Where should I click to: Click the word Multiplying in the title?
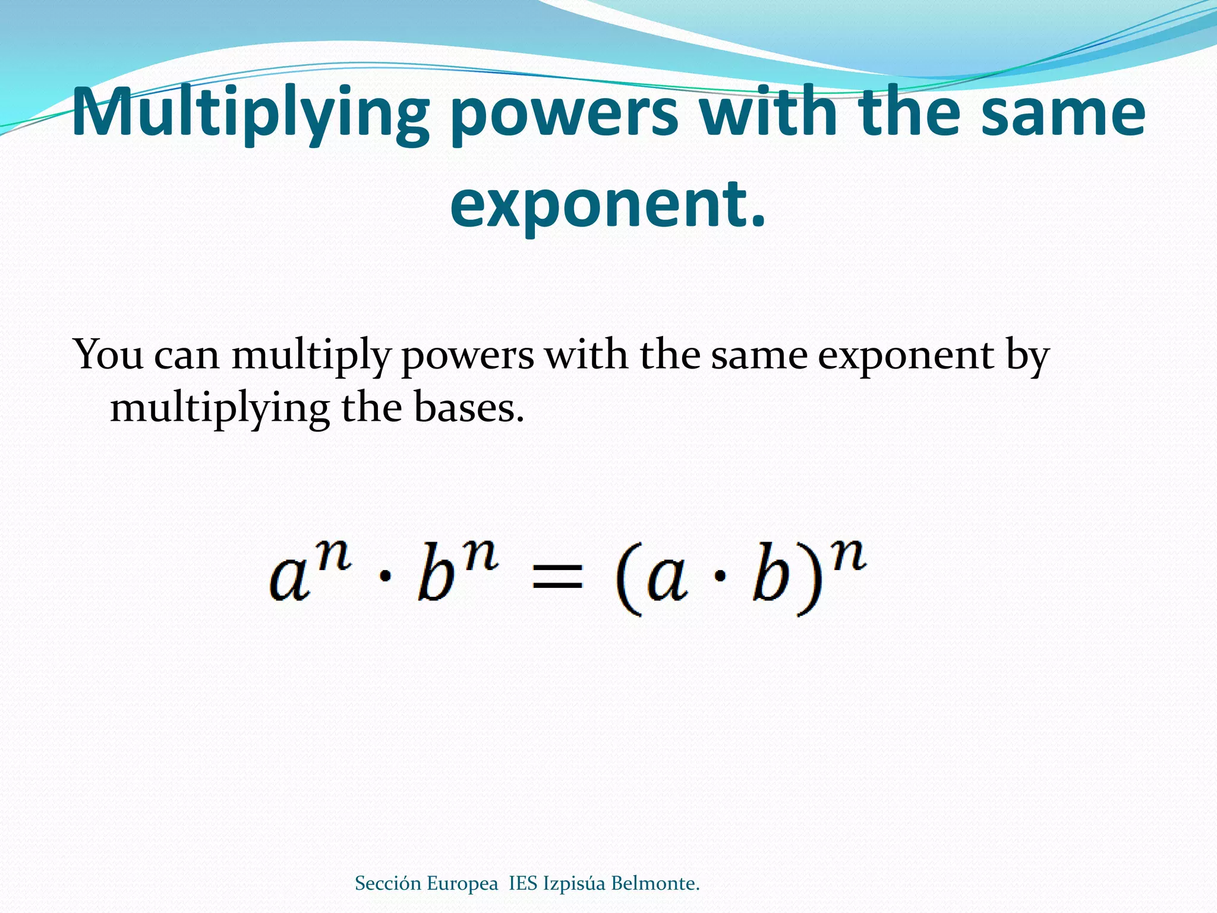250,113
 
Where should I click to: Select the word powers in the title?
564,113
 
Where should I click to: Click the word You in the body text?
108,355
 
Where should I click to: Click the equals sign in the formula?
557,577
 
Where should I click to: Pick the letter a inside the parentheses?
667,580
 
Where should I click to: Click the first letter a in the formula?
289,580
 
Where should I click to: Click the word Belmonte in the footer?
655,883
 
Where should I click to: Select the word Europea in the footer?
462,883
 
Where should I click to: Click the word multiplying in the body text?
220,409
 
